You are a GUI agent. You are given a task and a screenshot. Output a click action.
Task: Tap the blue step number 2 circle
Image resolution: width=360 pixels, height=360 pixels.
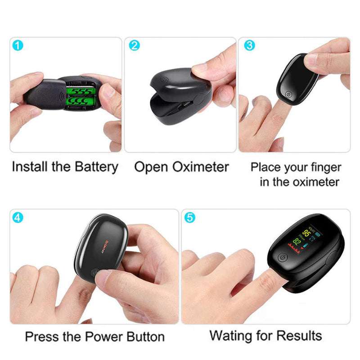coord(134,45)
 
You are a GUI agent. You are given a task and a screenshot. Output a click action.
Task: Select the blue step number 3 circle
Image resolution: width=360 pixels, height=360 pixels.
coord(249,45)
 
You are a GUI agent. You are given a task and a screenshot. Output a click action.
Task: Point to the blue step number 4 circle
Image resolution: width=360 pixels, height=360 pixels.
coord(18,217)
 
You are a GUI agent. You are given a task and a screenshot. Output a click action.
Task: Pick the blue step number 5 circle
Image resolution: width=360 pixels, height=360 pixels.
coord(190,217)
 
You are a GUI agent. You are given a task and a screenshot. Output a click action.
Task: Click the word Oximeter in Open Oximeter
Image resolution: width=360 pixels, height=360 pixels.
coord(200,167)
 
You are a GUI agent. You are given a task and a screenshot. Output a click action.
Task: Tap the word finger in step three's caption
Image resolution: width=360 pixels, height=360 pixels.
coord(325,167)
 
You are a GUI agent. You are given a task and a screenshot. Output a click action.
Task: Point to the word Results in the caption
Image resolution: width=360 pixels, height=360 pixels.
coord(299,336)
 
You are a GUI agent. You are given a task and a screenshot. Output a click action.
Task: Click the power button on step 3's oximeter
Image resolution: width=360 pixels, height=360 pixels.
coord(289,95)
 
